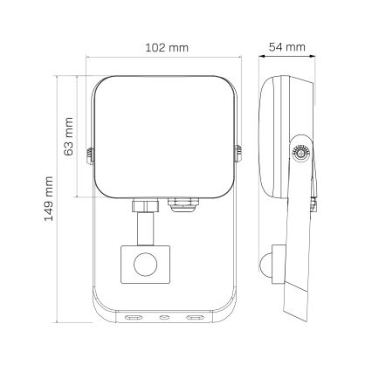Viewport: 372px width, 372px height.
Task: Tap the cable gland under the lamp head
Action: point(181,203)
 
